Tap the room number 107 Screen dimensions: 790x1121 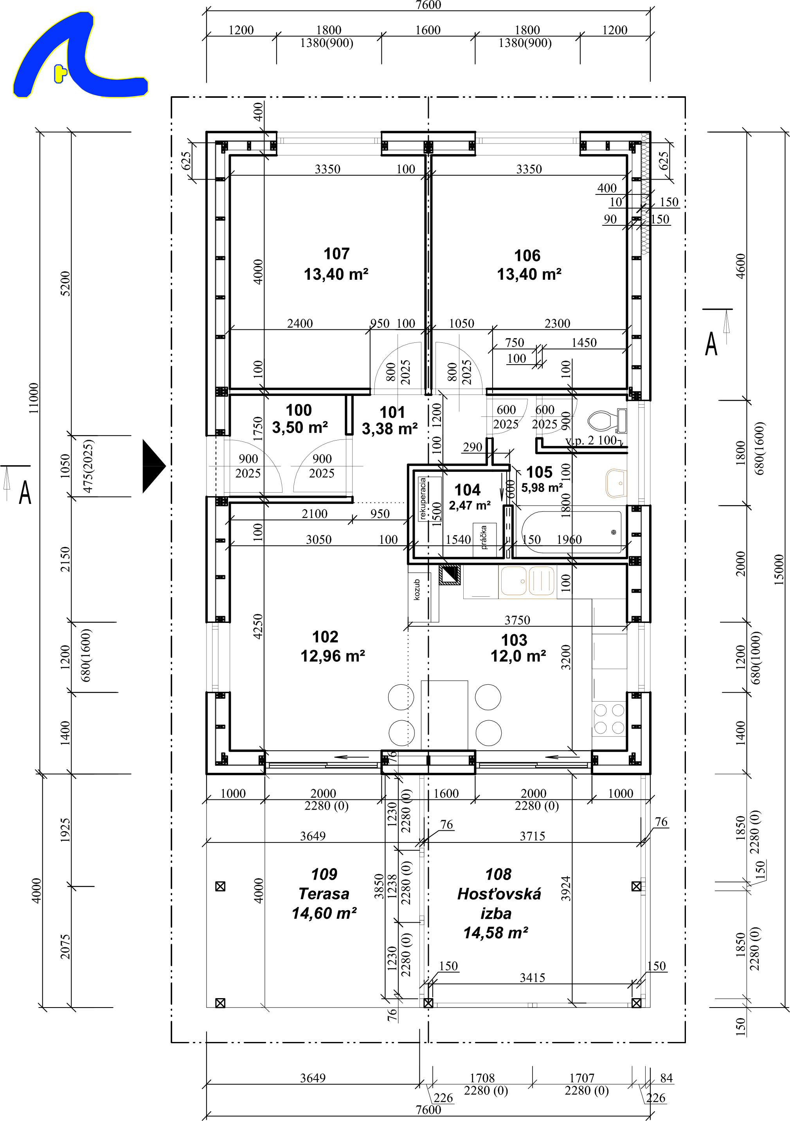click(337, 254)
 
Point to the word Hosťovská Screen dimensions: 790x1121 click(499, 894)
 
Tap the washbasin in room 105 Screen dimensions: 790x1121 click(616, 483)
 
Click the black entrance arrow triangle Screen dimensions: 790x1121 click(154, 466)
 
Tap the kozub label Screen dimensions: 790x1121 click(416, 589)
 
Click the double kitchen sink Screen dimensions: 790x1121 click(527, 581)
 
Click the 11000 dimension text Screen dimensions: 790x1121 click(33, 398)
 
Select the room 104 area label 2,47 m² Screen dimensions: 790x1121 click(470, 505)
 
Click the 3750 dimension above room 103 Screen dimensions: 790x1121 click(517, 620)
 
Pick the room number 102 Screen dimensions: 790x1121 click(325, 637)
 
